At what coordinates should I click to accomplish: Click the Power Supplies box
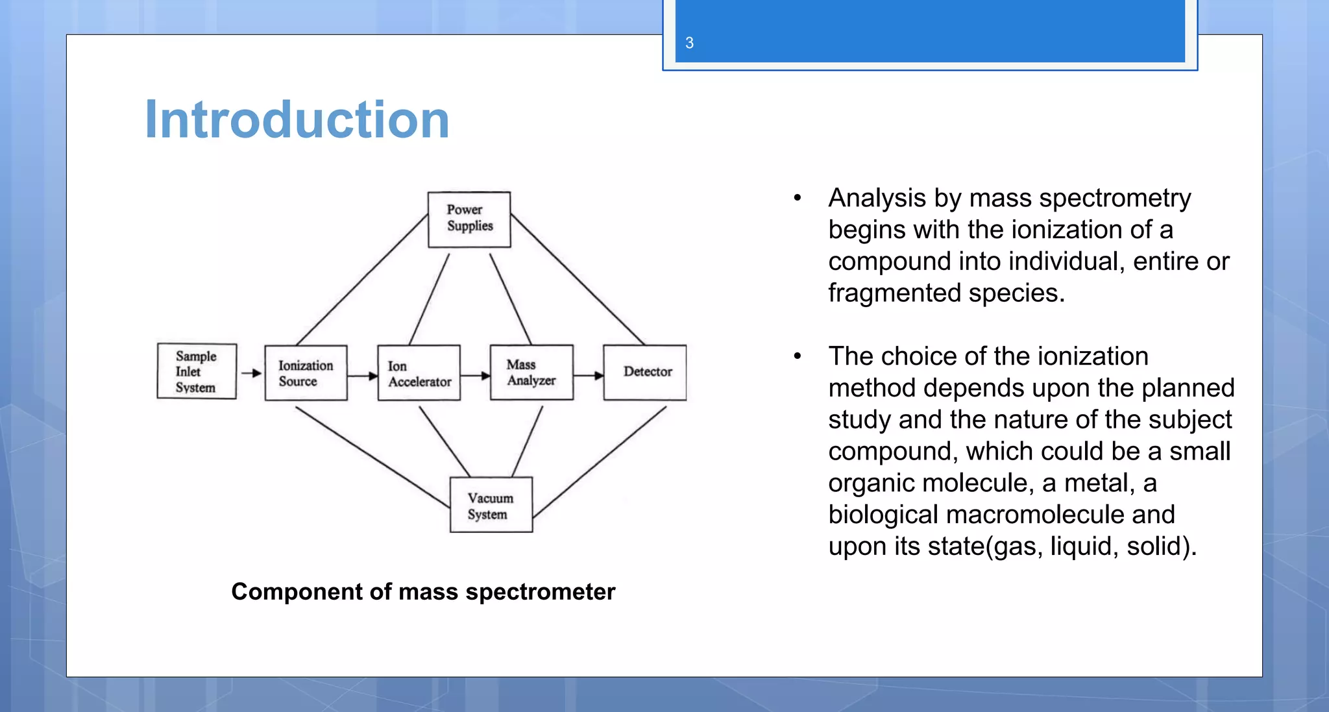coord(469,219)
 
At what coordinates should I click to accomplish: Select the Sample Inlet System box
coord(197,371)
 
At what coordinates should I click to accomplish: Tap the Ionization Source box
coord(306,373)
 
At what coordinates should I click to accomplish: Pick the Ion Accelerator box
coord(419,373)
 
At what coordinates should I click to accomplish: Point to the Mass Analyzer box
coord(531,373)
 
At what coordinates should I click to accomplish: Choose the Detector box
coord(645,373)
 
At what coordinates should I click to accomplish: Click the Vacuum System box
coord(491,505)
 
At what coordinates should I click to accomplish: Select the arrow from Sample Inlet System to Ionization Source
coord(251,373)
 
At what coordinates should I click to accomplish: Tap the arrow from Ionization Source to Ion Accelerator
coord(363,375)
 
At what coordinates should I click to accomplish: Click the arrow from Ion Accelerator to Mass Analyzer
coord(476,375)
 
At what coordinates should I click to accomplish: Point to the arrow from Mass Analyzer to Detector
coord(589,375)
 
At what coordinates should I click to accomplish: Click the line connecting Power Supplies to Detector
coord(578,280)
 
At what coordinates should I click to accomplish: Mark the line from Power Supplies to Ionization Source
coord(361,280)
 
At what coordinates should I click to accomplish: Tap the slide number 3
coord(689,43)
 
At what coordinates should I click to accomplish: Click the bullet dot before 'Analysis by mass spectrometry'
coord(798,198)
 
